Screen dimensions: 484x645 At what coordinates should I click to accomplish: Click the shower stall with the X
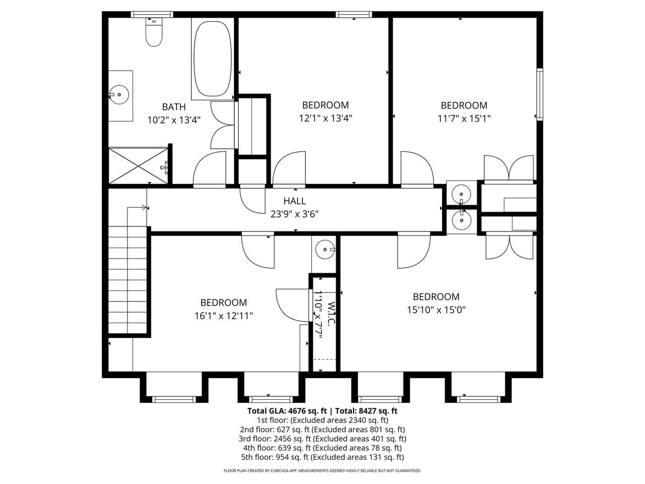138,166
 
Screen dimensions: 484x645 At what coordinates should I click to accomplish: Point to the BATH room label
174,107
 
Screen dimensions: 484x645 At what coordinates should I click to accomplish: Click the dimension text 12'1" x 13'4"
325,118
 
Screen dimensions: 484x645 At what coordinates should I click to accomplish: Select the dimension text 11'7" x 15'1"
464,118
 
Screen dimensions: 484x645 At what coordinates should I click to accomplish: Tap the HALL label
294,201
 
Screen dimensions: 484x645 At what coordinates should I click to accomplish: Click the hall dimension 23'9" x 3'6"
294,214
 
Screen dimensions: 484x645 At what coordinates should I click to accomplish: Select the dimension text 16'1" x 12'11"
224,316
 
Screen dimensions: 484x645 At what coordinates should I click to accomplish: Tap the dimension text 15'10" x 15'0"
436,310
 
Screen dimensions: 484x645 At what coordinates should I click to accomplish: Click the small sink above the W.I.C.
325,249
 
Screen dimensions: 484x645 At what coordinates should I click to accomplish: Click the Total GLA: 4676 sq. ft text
286,411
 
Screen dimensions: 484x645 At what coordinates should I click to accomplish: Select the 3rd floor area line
322,439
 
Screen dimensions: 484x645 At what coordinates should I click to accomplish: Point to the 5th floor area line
322,457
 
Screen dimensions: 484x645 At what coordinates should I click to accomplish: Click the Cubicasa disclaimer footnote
322,471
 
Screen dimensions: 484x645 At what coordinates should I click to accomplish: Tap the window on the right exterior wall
540,94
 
